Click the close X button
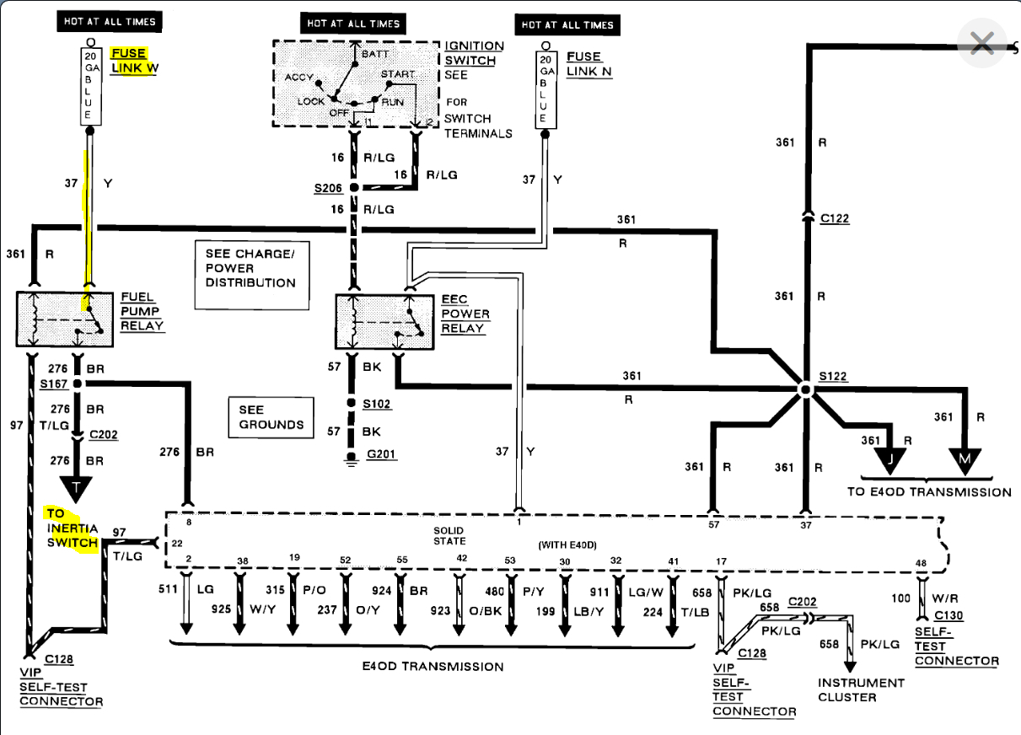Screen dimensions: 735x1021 click(x=981, y=42)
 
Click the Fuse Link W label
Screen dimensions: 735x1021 click(x=132, y=61)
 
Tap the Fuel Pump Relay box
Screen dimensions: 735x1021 click(x=66, y=319)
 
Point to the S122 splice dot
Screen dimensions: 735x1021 click(x=805, y=389)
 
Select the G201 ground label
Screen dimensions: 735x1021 click(x=382, y=455)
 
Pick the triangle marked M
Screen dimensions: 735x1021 click(x=965, y=458)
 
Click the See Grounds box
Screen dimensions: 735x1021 click(x=266, y=416)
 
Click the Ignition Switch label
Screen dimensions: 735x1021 click(x=474, y=53)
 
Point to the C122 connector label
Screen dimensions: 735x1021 click(x=835, y=218)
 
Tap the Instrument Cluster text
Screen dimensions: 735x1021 click(x=860, y=689)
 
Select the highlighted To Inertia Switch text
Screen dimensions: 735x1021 click(x=73, y=528)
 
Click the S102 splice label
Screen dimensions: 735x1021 click(x=377, y=404)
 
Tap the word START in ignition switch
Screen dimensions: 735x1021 click(x=398, y=75)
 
